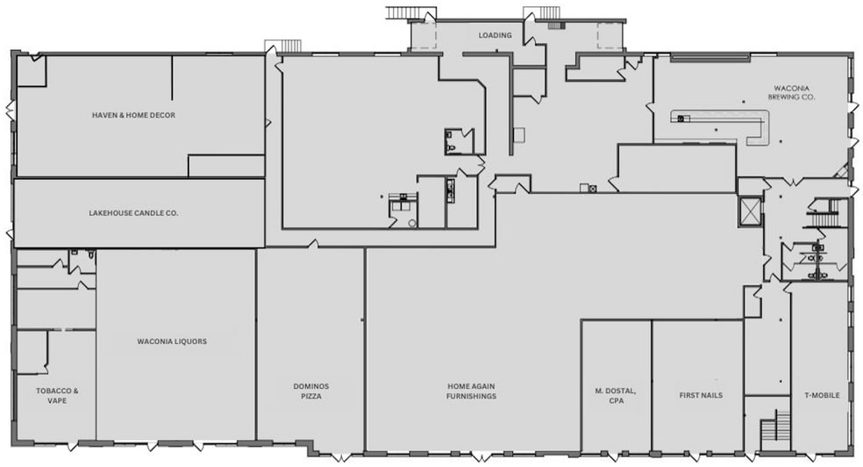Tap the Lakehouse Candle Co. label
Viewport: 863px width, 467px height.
pos(133,212)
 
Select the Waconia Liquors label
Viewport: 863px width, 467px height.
pos(172,341)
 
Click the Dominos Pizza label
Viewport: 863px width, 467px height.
pos(310,391)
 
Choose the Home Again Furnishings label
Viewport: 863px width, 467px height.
pos(471,391)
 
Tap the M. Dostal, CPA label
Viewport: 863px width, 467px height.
pos(616,395)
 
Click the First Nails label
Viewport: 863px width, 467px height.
pos(700,395)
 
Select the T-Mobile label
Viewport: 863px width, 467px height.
pos(821,395)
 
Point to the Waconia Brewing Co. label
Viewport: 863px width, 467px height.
pos(792,92)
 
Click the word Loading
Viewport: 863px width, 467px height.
pos(495,35)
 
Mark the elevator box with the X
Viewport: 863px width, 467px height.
pos(750,212)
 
